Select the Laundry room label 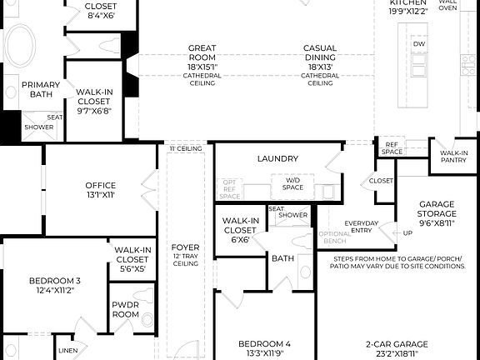[277, 158]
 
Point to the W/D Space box [293, 184]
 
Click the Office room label [100, 190]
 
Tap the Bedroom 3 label [54, 285]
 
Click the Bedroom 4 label [264, 347]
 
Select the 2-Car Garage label [396, 347]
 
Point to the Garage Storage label [437, 212]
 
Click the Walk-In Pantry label [453, 157]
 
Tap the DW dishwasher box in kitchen [419, 43]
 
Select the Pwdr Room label [125, 310]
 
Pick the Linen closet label [68, 351]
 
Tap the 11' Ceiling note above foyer [186, 148]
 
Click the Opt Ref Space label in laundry [229, 190]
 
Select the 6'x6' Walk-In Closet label [239, 229]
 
